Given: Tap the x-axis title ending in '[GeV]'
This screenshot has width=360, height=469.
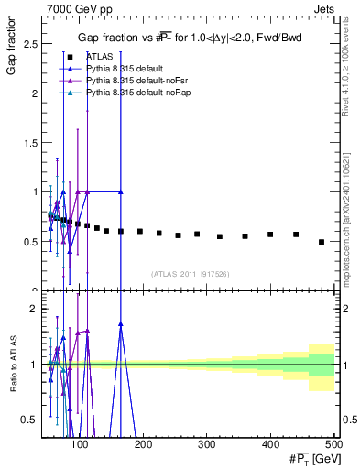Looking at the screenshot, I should pos(310,458).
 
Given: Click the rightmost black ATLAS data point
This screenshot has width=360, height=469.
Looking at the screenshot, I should pos(322,242).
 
